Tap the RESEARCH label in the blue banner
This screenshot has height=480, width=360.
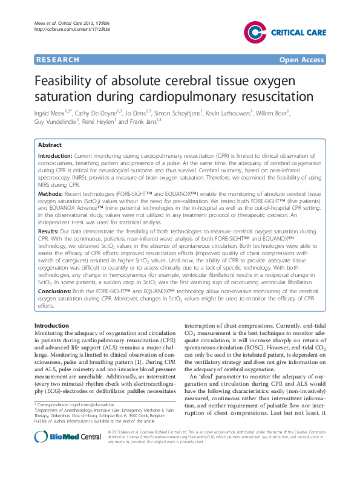(57, 59)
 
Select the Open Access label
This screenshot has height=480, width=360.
(301, 59)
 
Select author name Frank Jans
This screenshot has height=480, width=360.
(143, 122)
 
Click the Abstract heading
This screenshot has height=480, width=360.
(50, 146)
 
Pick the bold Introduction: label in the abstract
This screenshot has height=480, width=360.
(55, 156)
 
